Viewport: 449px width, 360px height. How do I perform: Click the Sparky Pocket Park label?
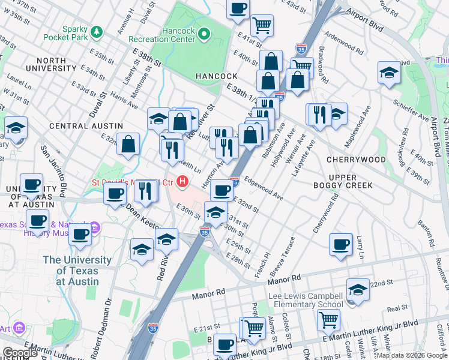pyautogui.click(x=65, y=32)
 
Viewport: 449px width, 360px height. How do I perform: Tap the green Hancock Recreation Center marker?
pyautogui.click(x=203, y=34)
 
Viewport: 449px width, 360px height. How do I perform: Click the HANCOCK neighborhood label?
pyautogui.click(x=216, y=76)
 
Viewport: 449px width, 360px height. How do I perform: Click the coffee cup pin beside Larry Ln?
pyautogui.click(x=340, y=244)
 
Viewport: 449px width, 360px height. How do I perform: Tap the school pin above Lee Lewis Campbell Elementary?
pyautogui.click(x=358, y=289)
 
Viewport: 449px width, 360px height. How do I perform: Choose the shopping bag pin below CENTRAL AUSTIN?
pyautogui.click(x=128, y=144)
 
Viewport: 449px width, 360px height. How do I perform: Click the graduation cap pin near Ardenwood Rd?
pyautogui.click(x=389, y=73)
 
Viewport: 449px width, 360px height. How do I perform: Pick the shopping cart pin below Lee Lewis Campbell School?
pyautogui.click(x=328, y=320)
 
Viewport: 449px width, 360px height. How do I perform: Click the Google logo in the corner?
pyautogui.click(x=20, y=353)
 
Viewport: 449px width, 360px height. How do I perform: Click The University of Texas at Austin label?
pyautogui.click(x=77, y=271)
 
